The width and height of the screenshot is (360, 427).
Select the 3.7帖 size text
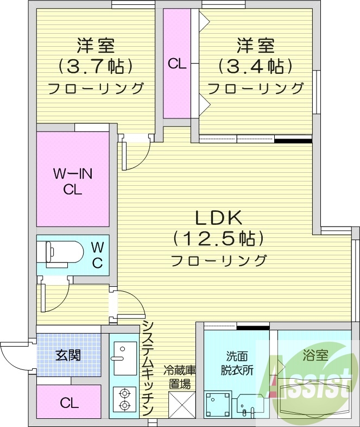(x=96, y=66)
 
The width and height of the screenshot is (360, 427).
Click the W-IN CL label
(x=72, y=181)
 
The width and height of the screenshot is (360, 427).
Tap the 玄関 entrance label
(x=68, y=355)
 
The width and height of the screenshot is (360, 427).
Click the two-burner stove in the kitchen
(x=125, y=399)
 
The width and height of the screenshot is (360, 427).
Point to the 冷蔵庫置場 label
(x=180, y=377)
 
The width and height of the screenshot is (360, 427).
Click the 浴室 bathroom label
(x=315, y=356)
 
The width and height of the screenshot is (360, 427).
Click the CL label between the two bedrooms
(x=177, y=64)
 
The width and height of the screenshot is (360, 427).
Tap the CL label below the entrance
(x=68, y=403)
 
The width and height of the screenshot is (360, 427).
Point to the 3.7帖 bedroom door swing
(x=136, y=154)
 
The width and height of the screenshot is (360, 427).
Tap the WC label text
(x=97, y=255)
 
